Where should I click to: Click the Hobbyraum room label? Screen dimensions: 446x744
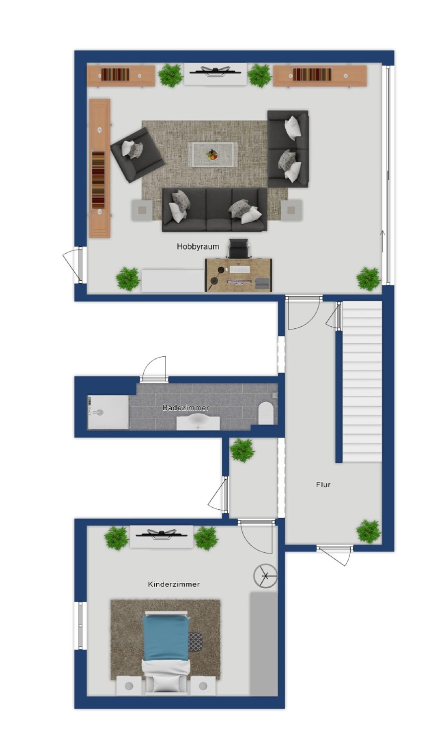pyautogui.click(x=198, y=247)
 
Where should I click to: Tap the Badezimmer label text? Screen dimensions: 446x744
pyautogui.click(x=186, y=408)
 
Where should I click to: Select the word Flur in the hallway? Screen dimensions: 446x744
pyautogui.click(x=323, y=485)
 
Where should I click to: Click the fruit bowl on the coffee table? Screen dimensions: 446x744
pyautogui.click(x=213, y=155)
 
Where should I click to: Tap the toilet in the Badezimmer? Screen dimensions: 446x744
pyautogui.click(x=266, y=413)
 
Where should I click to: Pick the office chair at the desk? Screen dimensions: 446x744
pyautogui.click(x=239, y=248)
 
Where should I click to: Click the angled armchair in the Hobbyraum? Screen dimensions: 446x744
pyautogui.click(x=137, y=155)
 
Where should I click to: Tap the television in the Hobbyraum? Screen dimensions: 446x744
pyautogui.click(x=215, y=70)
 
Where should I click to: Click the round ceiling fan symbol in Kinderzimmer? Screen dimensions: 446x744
pyautogui.click(x=265, y=576)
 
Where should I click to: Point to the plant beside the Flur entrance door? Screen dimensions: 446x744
pyautogui.click(x=369, y=531)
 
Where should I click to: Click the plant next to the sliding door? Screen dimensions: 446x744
pyautogui.click(x=368, y=279)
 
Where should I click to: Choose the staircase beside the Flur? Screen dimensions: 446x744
pyautogui.click(x=362, y=381)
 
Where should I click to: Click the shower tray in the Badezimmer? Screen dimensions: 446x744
pyautogui.click(x=108, y=412)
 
